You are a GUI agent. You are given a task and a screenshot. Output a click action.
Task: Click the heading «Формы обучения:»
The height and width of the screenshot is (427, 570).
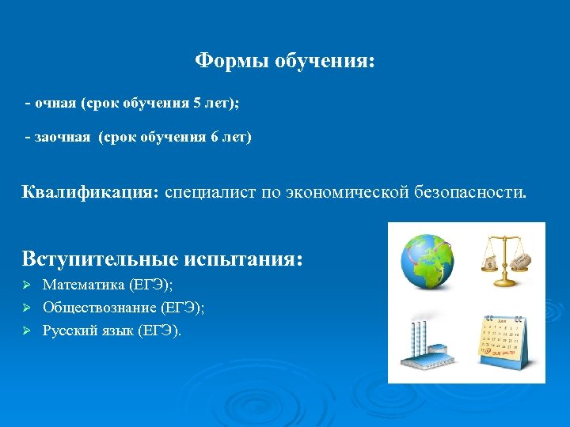[x=285, y=61]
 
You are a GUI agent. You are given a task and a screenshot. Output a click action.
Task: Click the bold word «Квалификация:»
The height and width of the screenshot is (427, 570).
[x=90, y=192]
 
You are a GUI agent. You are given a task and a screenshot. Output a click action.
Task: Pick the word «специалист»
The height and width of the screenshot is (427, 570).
[x=210, y=192]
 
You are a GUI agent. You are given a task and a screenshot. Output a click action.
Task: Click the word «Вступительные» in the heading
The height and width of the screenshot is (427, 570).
[x=104, y=259]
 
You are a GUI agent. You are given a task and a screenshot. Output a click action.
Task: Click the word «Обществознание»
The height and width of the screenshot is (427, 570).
[x=100, y=308]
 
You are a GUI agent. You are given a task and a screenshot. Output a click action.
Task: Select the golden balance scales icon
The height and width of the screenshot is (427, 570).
[x=506, y=260]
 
